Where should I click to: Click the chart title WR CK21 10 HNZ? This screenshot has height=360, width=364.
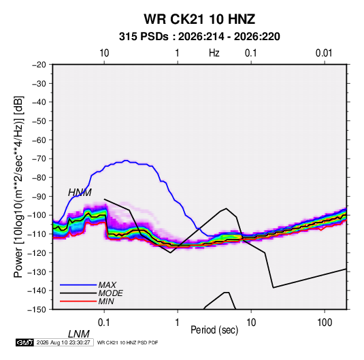[x=199, y=19]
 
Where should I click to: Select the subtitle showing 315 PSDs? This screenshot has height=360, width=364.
[x=199, y=37]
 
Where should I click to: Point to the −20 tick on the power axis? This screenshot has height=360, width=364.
[x=39, y=65]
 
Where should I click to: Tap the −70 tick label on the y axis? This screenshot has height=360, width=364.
[x=39, y=159]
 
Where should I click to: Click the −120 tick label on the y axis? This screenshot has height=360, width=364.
[x=37, y=253]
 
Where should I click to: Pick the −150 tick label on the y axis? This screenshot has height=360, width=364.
[x=37, y=310]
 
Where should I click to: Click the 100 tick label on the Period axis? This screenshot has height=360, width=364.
[x=325, y=323]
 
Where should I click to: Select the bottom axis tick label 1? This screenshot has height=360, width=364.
[x=178, y=323]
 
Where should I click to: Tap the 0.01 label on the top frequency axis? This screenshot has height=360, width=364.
[x=324, y=53]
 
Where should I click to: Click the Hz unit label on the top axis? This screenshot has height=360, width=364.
[x=214, y=53]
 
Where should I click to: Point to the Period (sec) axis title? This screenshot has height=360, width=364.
[x=214, y=330]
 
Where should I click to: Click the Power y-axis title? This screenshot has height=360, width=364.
[x=18, y=187]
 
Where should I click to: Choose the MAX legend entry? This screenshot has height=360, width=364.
[x=107, y=284]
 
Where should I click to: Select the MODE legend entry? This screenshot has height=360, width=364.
[x=110, y=293]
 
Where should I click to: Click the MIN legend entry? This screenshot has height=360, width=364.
[x=106, y=301]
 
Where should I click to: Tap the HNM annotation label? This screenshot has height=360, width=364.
[x=80, y=193]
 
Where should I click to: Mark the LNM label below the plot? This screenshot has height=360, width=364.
[x=78, y=334]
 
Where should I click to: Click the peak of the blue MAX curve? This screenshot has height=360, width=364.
[x=126, y=160]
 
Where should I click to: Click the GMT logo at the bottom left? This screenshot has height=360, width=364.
[x=24, y=342]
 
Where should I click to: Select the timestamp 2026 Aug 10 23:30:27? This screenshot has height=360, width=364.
[x=63, y=342]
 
